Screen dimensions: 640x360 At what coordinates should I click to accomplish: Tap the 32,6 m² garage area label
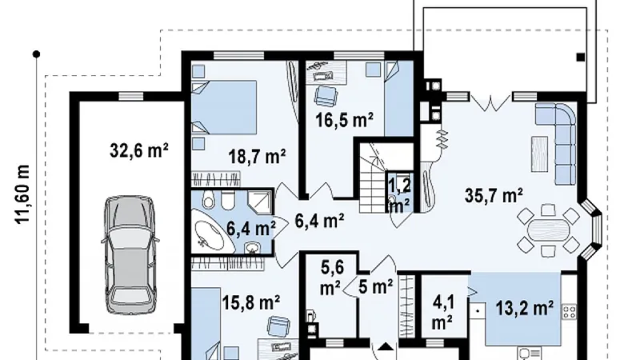(139, 150)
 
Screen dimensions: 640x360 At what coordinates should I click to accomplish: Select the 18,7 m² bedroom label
(257, 156)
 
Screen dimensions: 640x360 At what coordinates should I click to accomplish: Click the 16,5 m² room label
(345, 120)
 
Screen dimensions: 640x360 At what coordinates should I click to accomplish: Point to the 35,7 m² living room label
(494, 195)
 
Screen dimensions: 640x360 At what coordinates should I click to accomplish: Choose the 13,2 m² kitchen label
(525, 308)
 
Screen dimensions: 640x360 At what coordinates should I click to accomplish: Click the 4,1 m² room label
(444, 313)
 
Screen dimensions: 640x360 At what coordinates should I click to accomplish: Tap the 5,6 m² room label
(332, 278)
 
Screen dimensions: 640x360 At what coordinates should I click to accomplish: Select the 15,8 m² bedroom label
(251, 303)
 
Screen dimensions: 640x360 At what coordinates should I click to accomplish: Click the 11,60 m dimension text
(23, 194)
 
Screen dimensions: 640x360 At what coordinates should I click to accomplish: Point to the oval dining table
(548, 230)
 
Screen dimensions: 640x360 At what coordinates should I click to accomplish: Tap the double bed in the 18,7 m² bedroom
(224, 107)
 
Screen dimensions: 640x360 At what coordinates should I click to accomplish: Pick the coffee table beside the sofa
(539, 154)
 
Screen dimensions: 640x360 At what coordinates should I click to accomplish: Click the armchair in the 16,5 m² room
(326, 95)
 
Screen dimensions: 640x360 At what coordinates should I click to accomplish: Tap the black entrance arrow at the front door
(386, 347)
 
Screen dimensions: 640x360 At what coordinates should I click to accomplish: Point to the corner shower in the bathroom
(260, 202)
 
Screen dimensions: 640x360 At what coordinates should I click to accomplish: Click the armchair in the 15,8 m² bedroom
(279, 326)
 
